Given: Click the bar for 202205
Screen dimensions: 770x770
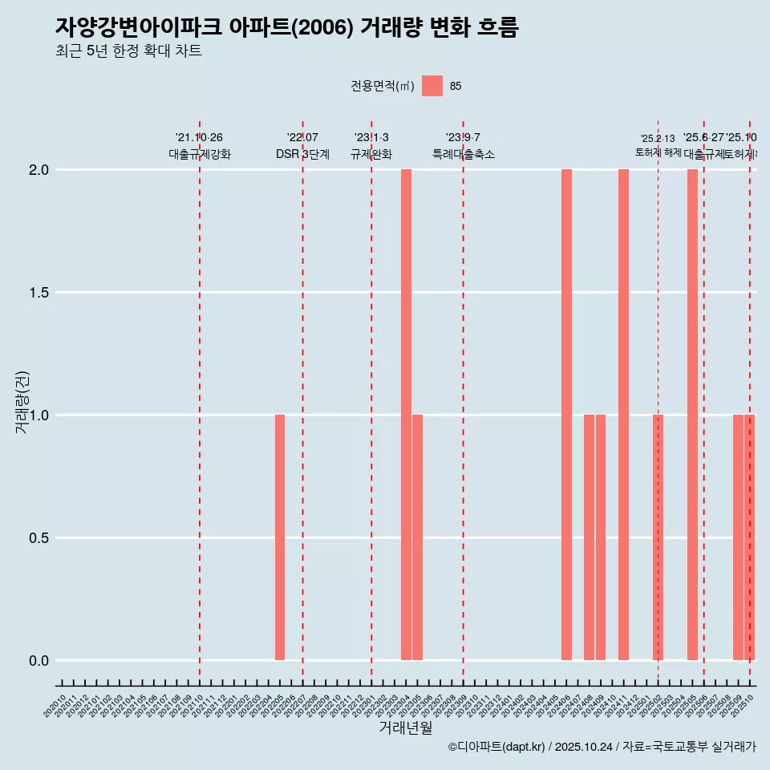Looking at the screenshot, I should pos(280,537).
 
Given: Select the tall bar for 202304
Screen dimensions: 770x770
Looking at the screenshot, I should pos(406,415).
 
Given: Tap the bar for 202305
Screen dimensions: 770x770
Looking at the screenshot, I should pos(418,537).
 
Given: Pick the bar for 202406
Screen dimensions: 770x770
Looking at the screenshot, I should pos(566,415).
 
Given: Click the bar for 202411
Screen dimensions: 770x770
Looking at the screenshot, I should pos(623,415).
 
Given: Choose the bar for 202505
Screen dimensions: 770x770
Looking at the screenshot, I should pos(692,415).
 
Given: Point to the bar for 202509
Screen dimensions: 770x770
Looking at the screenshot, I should pos(738,537).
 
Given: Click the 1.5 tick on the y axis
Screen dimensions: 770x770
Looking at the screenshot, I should pos(38,293).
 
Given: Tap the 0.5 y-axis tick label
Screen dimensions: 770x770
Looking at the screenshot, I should pos(38,538).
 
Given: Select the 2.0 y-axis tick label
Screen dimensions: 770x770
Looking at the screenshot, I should pos(38,170).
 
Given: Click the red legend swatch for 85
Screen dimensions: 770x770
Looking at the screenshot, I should pos(432,86).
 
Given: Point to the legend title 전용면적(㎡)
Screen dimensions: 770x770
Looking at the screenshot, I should pos(382,87).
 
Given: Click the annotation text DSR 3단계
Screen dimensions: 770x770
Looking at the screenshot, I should pos(302,155).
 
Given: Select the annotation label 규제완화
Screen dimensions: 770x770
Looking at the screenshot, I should pos(371,155).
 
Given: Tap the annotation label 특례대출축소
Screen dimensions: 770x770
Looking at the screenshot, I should pos(464,155).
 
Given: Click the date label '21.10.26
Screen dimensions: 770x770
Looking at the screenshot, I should pos(199,137).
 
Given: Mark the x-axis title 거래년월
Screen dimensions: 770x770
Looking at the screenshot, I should pos(405,728).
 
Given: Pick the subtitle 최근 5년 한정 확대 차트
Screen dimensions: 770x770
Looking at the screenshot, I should pos(128,51).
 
